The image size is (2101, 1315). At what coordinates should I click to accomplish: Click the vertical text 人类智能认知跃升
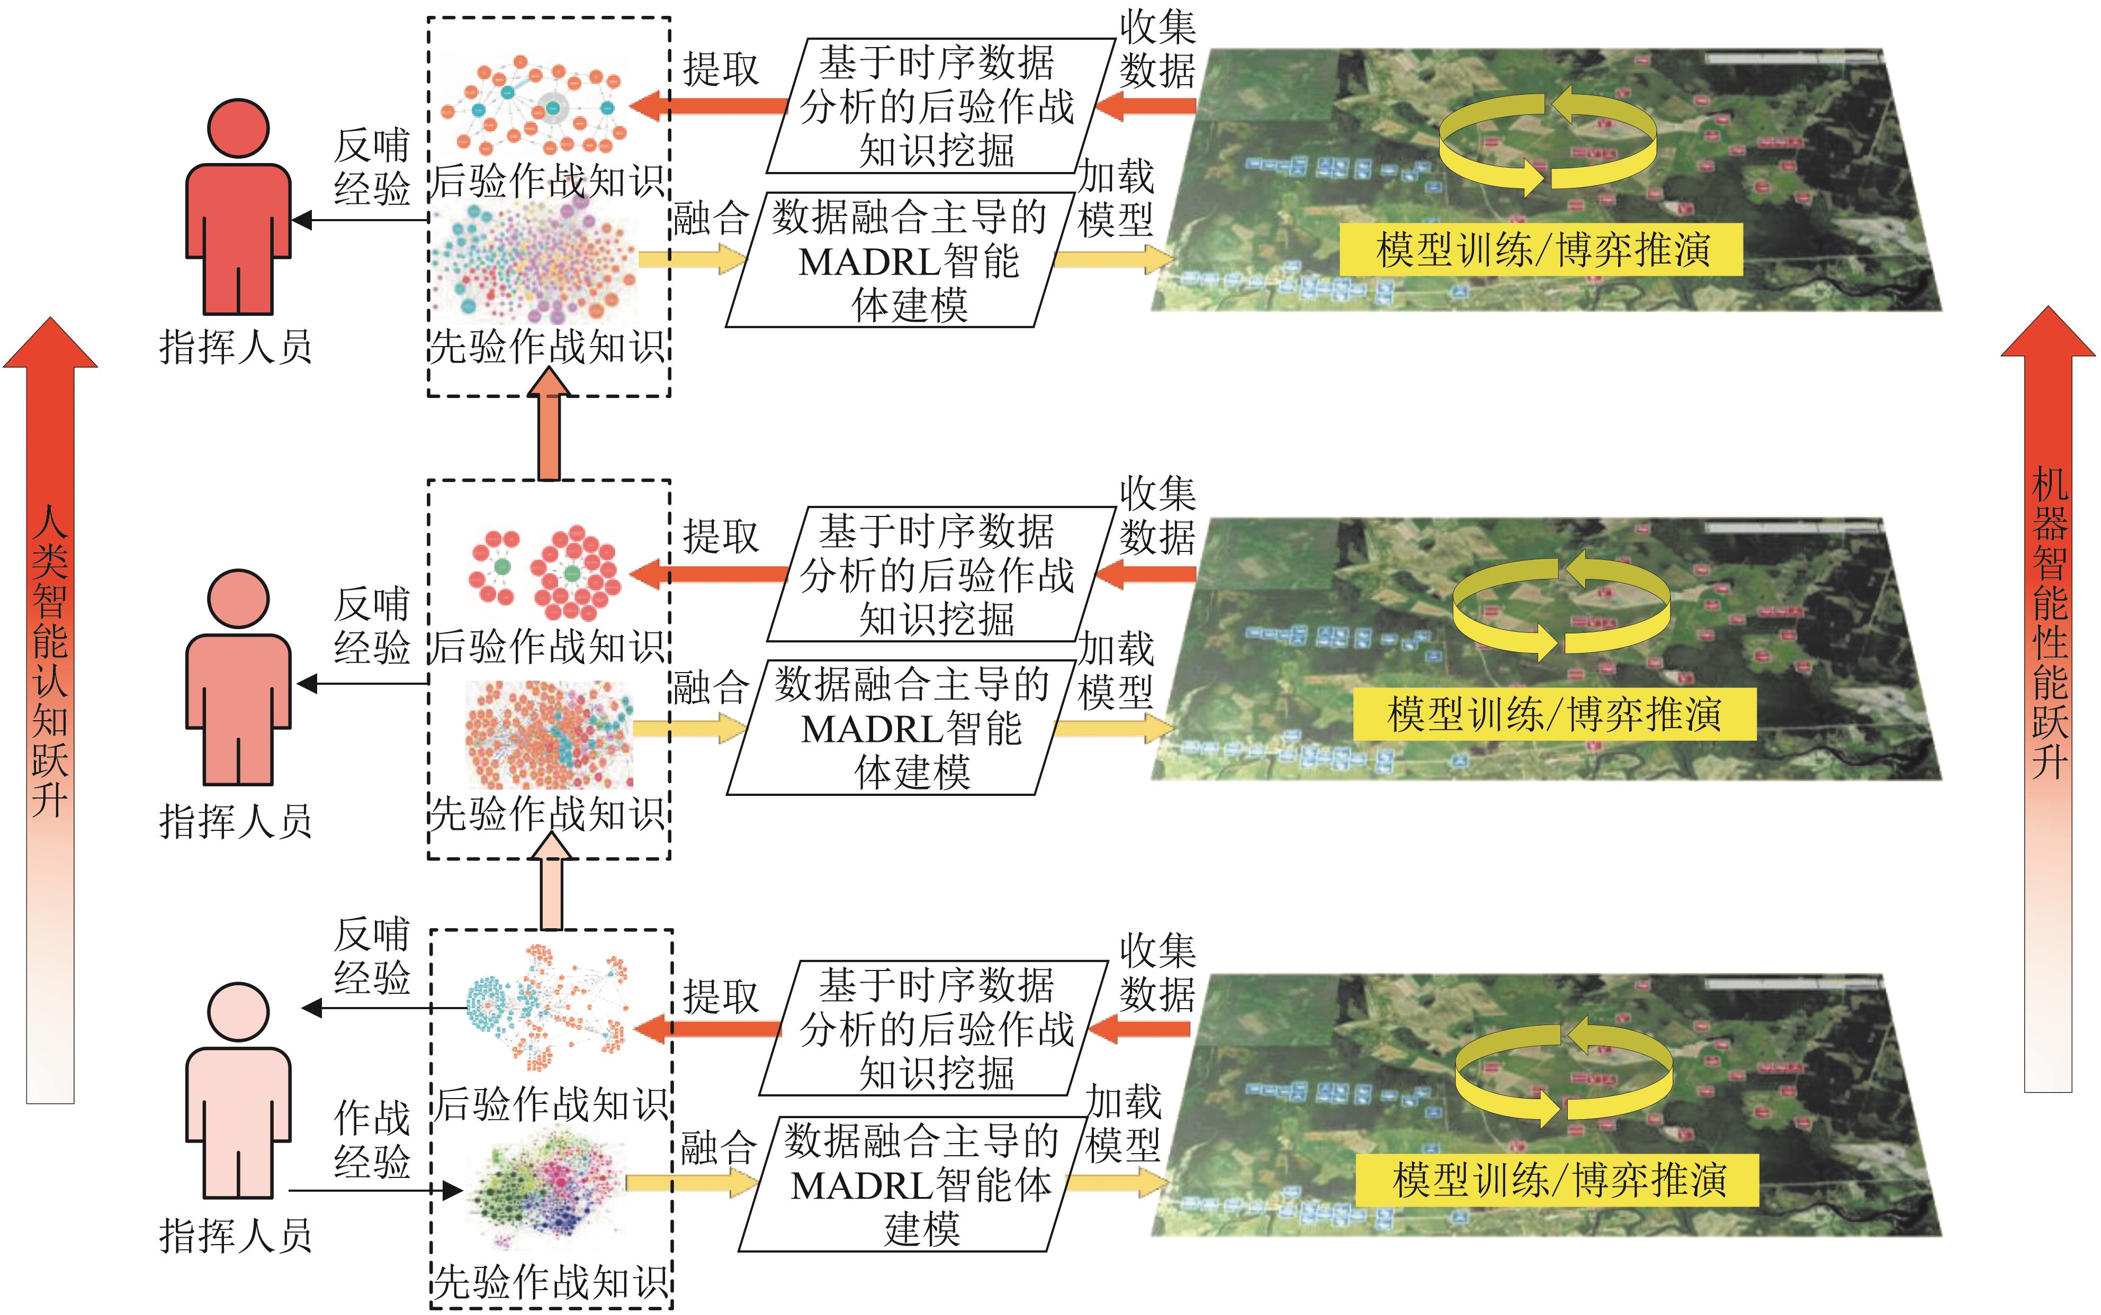tap(50, 661)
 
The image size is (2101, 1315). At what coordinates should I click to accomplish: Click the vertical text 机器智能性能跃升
tap(2049, 622)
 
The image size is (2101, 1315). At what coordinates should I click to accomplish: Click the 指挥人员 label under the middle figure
tap(235, 820)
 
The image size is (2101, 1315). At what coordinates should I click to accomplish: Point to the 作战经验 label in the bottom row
tap(372, 1139)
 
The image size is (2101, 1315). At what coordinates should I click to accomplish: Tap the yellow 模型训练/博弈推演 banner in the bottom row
tap(1557, 1180)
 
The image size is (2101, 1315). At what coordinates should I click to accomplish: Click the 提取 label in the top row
tap(720, 69)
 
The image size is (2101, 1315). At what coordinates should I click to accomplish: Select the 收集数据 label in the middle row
tap(1157, 515)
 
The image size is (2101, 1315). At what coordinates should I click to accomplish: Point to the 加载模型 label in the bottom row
tap(1123, 1123)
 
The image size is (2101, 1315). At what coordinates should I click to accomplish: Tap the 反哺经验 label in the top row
tap(372, 167)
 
